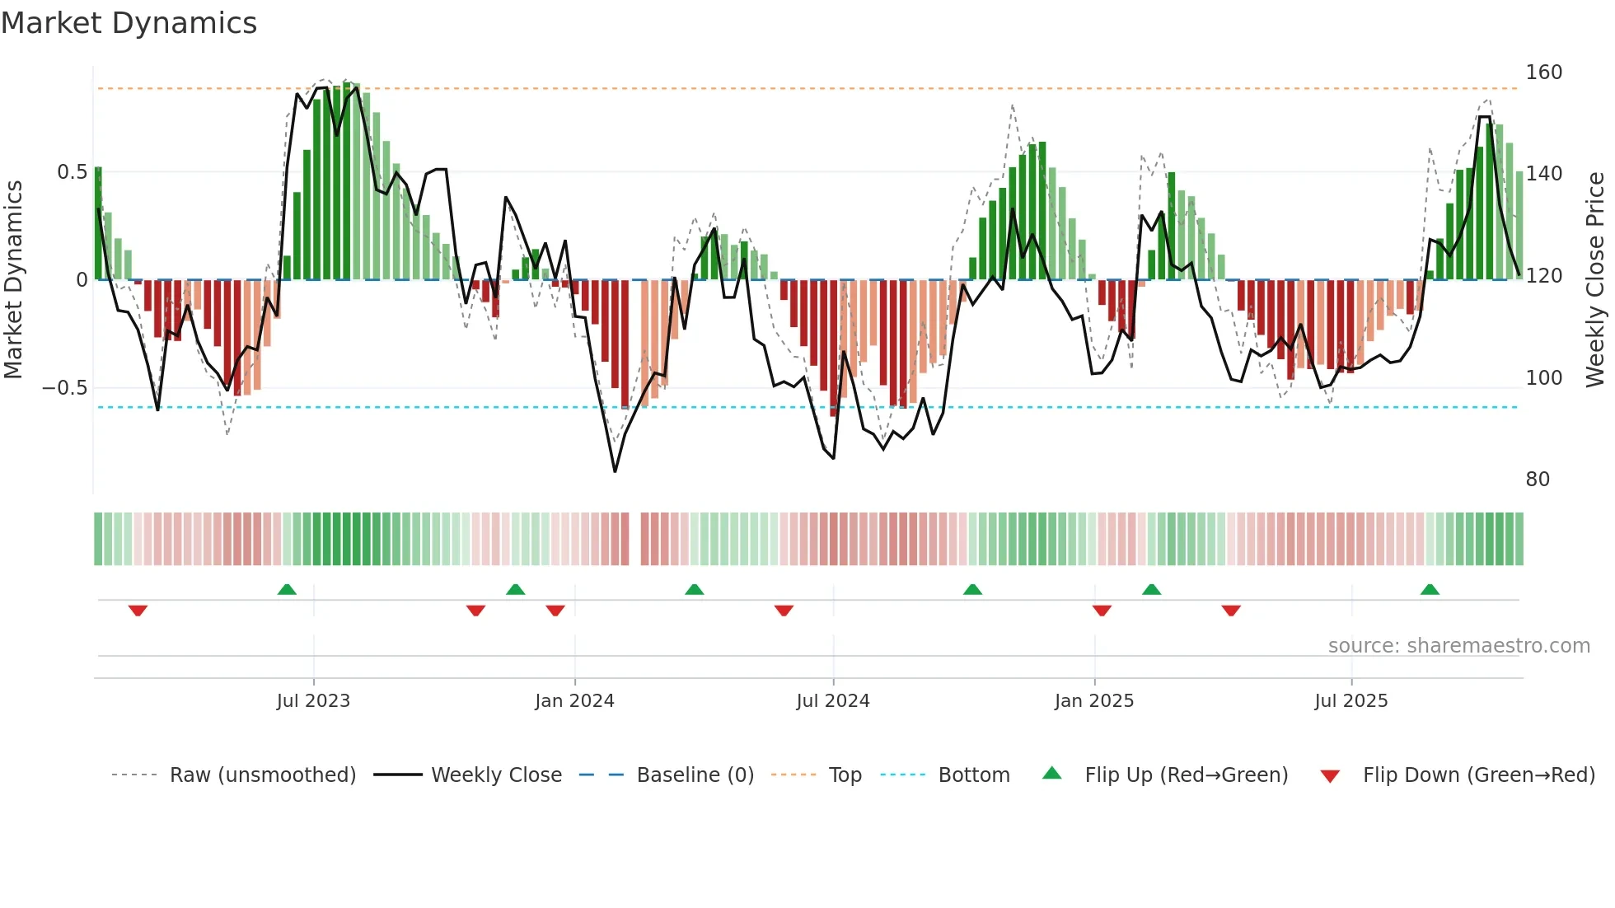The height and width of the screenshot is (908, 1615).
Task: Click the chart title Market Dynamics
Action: pyautogui.click(x=129, y=23)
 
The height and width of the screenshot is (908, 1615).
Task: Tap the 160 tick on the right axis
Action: pyautogui.click(x=1542, y=73)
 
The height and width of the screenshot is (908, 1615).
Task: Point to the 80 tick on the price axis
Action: pyautogui.click(x=1537, y=480)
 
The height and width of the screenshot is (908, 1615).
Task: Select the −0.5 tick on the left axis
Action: pyautogui.click(x=64, y=388)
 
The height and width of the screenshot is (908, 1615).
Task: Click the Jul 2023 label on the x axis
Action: pyautogui.click(x=313, y=701)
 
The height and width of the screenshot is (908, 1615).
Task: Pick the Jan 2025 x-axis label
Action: pyautogui.click(x=1093, y=701)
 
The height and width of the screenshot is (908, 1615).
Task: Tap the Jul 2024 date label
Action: pyautogui.click(x=832, y=701)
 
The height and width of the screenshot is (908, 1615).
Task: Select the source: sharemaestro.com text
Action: pyautogui.click(x=1458, y=646)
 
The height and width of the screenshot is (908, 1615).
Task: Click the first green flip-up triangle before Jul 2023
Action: pyautogui.click(x=287, y=590)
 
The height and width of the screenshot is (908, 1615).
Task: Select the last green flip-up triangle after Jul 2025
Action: pyautogui.click(x=1430, y=590)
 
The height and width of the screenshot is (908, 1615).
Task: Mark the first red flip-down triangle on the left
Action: pyautogui.click(x=138, y=611)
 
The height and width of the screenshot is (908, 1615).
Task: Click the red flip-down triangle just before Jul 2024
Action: pyautogui.click(x=784, y=611)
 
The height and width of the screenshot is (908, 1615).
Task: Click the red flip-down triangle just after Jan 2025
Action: pyautogui.click(x=1102, y=611)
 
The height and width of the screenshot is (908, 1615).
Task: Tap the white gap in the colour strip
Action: pyautogui.click(x=634, y=539)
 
